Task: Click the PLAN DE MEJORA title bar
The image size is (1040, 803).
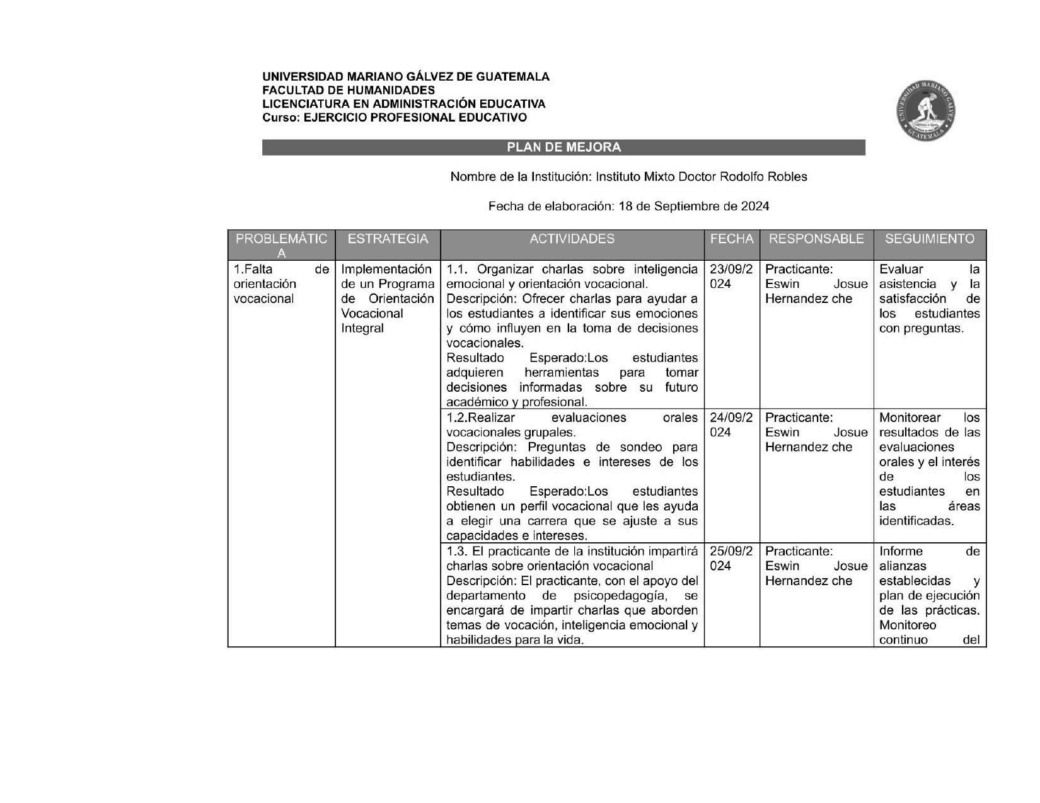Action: [x=563, y=147]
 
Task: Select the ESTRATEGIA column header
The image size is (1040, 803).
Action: [x=388, y=239]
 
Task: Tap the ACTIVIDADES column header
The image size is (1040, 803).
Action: [x=572, y=239]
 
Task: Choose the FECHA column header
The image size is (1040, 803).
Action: [x=731, y=239]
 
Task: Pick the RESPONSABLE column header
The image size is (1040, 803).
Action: [x=816, y=239]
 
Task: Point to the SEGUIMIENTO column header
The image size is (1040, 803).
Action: [x=930, y=239]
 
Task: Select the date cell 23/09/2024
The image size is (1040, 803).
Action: [x=731, y=276]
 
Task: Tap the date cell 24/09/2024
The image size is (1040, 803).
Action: [x=731, y=425]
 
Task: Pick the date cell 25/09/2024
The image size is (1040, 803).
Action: [x=731, y=559]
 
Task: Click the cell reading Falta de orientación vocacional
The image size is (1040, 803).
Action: [x=281, y=284]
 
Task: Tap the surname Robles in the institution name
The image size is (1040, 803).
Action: [x=787, y=177]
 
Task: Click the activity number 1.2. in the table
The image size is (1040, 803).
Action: [x=457, y=418]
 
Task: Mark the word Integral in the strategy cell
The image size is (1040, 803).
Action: [x=362, y=328]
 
